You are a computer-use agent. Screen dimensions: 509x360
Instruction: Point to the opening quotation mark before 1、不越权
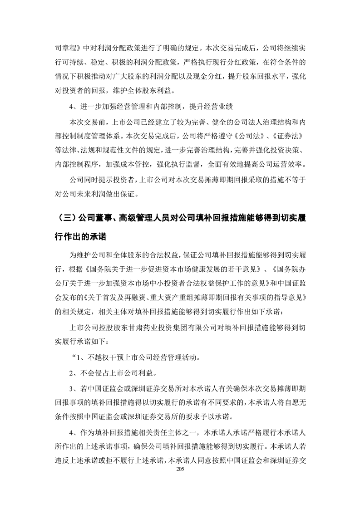(71, 357)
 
